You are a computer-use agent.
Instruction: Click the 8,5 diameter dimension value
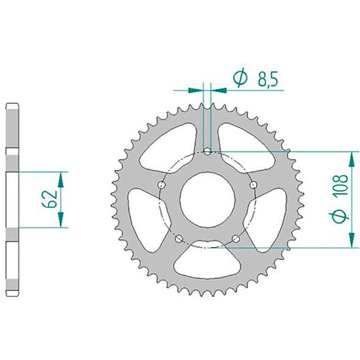pos(268,79)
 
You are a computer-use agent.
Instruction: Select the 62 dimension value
pos(50,199)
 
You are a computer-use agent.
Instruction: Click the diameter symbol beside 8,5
pos(240,77)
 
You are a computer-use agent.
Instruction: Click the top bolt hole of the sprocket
pos(207,151)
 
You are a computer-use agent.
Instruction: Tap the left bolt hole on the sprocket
pos(162,185)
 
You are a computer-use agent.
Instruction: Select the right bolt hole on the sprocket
pos(253,185)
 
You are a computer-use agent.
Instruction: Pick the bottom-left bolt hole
pos(179,239)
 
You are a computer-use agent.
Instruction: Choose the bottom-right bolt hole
pos(236,238)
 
